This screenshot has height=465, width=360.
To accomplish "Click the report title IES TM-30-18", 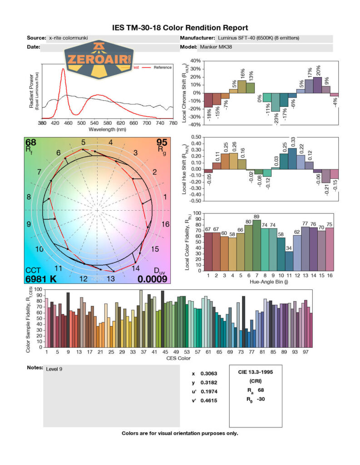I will [x=180, y=28].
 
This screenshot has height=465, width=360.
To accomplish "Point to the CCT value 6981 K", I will [x=41, y=279].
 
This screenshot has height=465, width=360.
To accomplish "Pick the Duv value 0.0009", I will [x=153, y=279].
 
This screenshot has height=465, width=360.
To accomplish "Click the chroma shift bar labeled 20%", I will [x=317, y=85].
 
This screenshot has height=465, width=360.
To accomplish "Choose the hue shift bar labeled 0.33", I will [x=292, y=158].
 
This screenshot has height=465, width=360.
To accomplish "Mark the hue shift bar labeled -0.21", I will [x=325, y=176].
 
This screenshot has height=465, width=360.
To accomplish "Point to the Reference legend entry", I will [x=163, y=68].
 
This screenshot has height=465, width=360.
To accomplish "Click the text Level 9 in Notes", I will [x=54, y=369].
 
